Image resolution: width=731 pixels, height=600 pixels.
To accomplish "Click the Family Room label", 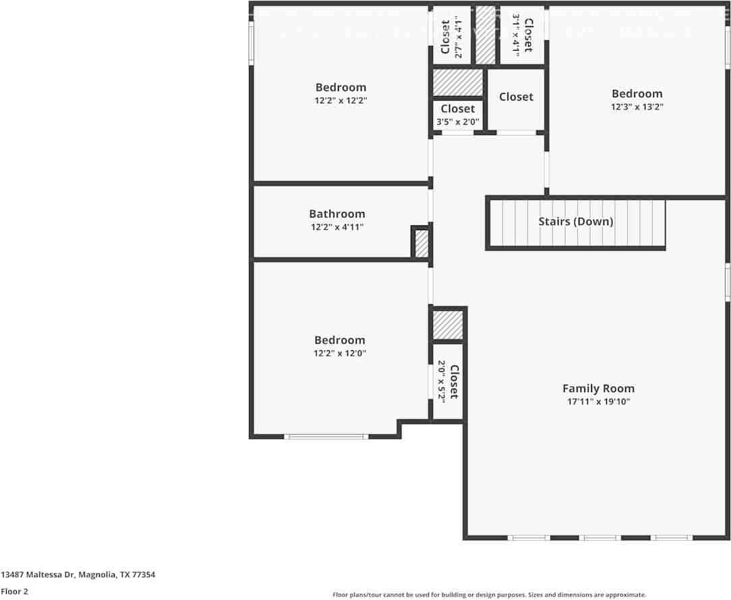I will click(598, 388).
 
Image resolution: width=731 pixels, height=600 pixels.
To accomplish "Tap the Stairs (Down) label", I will click(575, 221).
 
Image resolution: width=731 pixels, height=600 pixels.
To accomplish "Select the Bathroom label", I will click(337, 214).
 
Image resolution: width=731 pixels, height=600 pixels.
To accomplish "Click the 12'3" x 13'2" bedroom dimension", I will click(637, 107).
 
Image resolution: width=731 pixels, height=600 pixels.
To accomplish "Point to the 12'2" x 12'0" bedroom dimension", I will click(340, 353).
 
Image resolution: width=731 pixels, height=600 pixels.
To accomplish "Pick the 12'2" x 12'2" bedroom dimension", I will click(341, 100).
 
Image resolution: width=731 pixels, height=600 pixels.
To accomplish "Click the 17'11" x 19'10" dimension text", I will click(598, 402).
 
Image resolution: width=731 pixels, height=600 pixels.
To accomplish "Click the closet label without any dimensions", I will click(516, 97).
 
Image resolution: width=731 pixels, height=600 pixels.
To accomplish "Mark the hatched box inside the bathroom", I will click(421, 244).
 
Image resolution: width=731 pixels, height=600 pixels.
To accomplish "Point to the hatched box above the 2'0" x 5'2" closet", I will click(448, 325).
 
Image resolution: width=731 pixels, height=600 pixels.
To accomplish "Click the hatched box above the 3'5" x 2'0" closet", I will click(458, 83).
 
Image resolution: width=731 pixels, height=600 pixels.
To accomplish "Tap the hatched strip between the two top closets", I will click(486, 35).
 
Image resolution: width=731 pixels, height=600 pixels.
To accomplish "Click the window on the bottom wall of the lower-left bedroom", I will click(326, 437).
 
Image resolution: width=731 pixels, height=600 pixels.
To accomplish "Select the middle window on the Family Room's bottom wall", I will click(600, 538).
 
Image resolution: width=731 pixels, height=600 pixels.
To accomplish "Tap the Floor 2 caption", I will click(14, 591).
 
